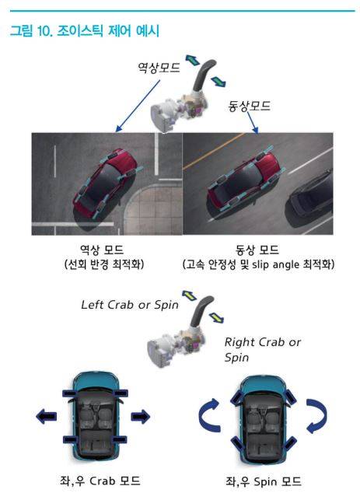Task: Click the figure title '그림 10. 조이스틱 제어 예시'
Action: point(85,31)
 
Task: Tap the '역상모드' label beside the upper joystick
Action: point(159,68)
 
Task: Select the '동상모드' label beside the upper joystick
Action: point(249,106)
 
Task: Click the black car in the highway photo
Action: point(311,198)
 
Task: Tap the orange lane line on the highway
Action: point(214,151)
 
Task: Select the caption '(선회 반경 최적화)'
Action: point(104,264)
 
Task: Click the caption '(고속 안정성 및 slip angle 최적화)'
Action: point(258,264)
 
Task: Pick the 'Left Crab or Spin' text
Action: point(129,305)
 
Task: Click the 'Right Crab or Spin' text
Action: point(262,349)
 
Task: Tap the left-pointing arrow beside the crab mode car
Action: point(46,417)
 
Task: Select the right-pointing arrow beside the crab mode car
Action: point(140,417)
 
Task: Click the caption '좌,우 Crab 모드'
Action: point(100,481)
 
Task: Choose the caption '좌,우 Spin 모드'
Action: point(264,481)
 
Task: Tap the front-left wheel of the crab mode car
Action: point(71,393)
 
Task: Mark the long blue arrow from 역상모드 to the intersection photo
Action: point(138,106)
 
